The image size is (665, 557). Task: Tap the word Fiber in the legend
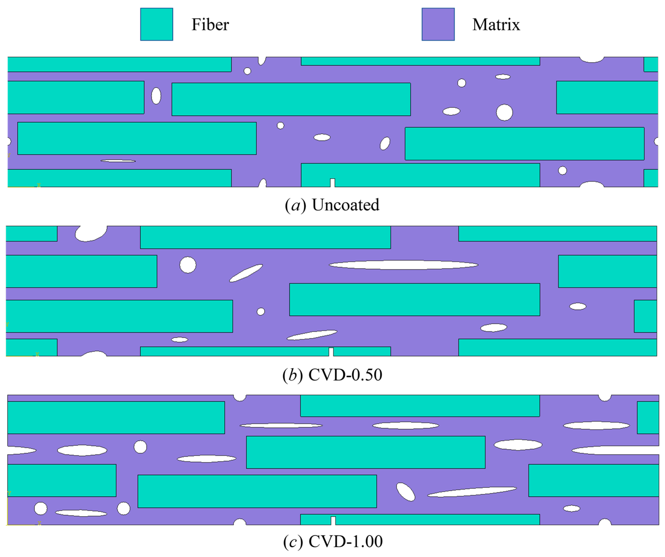(x=210, y=25)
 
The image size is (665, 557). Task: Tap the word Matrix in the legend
(x=496, y=25)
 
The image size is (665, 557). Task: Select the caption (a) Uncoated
(x=332, y=205)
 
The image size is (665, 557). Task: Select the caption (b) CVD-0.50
(x=332, y=375)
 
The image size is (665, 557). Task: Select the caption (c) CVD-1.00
(x=332, y=541)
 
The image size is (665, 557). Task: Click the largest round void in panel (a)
(x=504, y=113)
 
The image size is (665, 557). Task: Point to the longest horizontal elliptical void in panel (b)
(x=403, y=265)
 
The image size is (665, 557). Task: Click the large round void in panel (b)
(x=188, y=265)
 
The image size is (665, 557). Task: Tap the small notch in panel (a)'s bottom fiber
(x=332, y=183)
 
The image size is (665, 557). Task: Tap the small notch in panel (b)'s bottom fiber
(x=331, y=352)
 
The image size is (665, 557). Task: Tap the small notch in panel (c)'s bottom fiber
(x=333, y=521)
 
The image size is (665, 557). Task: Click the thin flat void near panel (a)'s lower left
(x=118, y=161)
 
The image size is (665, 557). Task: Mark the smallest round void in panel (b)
(x=261, y=312)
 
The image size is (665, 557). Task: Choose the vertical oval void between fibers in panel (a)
(x=156, y=96)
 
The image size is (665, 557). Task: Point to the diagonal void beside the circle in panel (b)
(x=246, y=273)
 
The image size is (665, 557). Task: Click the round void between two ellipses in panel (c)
(x=140, y=447)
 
